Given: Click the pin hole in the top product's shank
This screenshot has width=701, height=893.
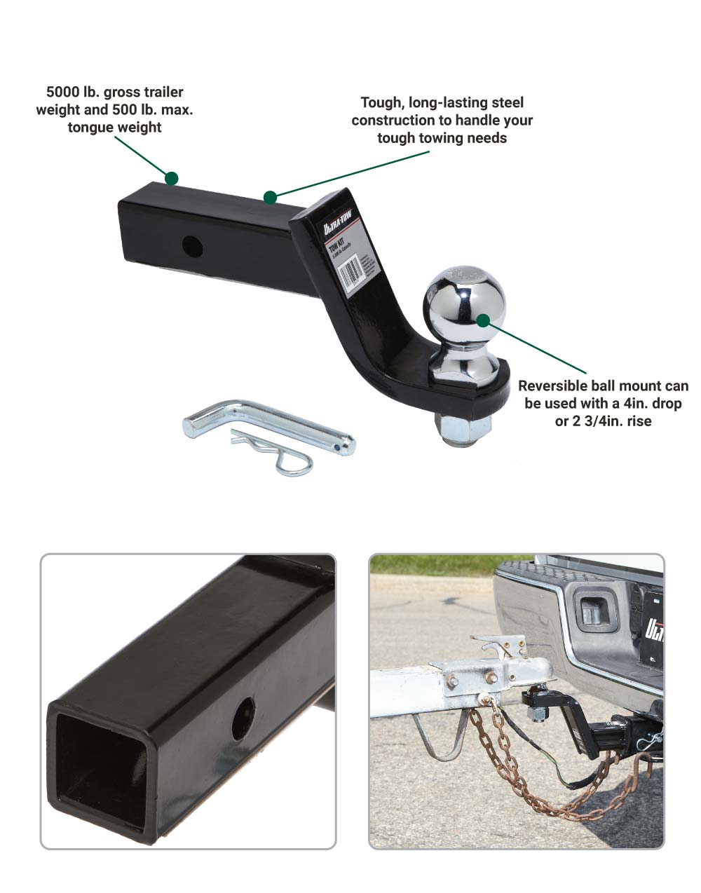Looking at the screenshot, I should tap(191, 245).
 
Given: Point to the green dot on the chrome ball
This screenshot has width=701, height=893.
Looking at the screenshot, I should tap(483, 320).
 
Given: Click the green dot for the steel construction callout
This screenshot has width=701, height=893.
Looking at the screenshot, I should tap(270, 197).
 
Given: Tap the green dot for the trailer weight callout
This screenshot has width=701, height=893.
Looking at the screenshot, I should tap(171, 178).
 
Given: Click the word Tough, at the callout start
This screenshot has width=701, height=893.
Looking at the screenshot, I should tap(381, 103).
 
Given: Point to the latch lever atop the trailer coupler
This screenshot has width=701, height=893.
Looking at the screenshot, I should tap(498, 641).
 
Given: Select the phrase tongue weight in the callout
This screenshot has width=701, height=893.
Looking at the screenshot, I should tap(115, 128).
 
